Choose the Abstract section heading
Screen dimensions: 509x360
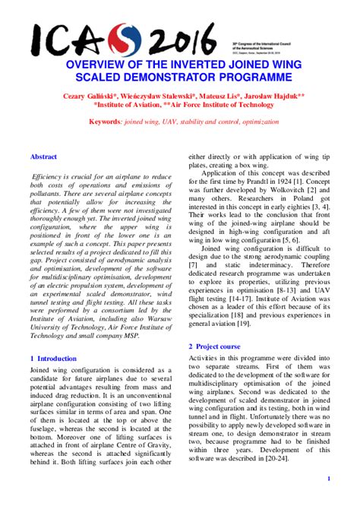(x=43, y=156)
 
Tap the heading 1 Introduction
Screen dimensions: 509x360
(x=52, y=358)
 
